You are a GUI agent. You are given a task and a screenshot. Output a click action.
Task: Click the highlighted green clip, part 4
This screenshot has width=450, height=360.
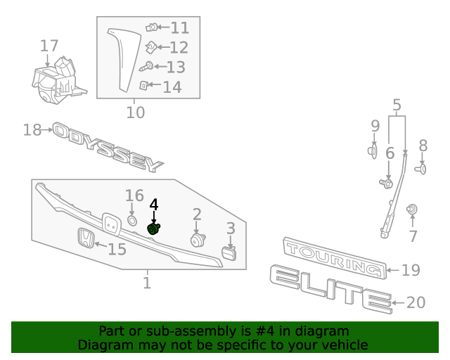[x=154, y=229]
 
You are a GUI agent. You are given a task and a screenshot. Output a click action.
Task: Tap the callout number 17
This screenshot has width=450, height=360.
[x=49, y=46]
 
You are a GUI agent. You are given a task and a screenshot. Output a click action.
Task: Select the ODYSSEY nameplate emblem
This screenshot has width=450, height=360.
[x=109, y=147]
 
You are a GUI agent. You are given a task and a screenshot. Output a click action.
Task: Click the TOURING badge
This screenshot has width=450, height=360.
[x=334, y=258]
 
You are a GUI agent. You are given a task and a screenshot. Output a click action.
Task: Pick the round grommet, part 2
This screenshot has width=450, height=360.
[x=197, y=240]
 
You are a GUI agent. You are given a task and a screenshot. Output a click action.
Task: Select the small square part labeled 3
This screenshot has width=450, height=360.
[x=229, y=252]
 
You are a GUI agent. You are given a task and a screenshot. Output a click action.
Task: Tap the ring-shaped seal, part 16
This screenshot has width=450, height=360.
[x=131, y=221]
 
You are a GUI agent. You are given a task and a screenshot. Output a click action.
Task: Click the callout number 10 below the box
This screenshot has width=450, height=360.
[x=135, y=112]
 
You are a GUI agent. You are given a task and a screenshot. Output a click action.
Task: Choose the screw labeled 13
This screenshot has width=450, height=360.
[x=147, y=67]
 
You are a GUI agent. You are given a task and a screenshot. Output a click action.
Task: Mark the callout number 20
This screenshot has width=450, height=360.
[x=416, y=302]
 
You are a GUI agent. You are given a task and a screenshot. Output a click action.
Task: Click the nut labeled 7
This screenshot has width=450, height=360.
[x=413, y=210]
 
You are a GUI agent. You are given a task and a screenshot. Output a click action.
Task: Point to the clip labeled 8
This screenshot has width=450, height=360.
[x=422, y=168]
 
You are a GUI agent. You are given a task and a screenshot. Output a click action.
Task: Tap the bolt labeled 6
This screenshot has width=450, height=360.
[x=386, y=184]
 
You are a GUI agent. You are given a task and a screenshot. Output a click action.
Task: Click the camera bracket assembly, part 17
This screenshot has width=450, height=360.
[x=56, y=81]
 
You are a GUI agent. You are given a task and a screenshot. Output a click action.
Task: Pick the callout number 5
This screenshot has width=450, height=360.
[x=397, y=107]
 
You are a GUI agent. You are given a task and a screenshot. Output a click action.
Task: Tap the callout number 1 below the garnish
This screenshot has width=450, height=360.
[x=147, y=283]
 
